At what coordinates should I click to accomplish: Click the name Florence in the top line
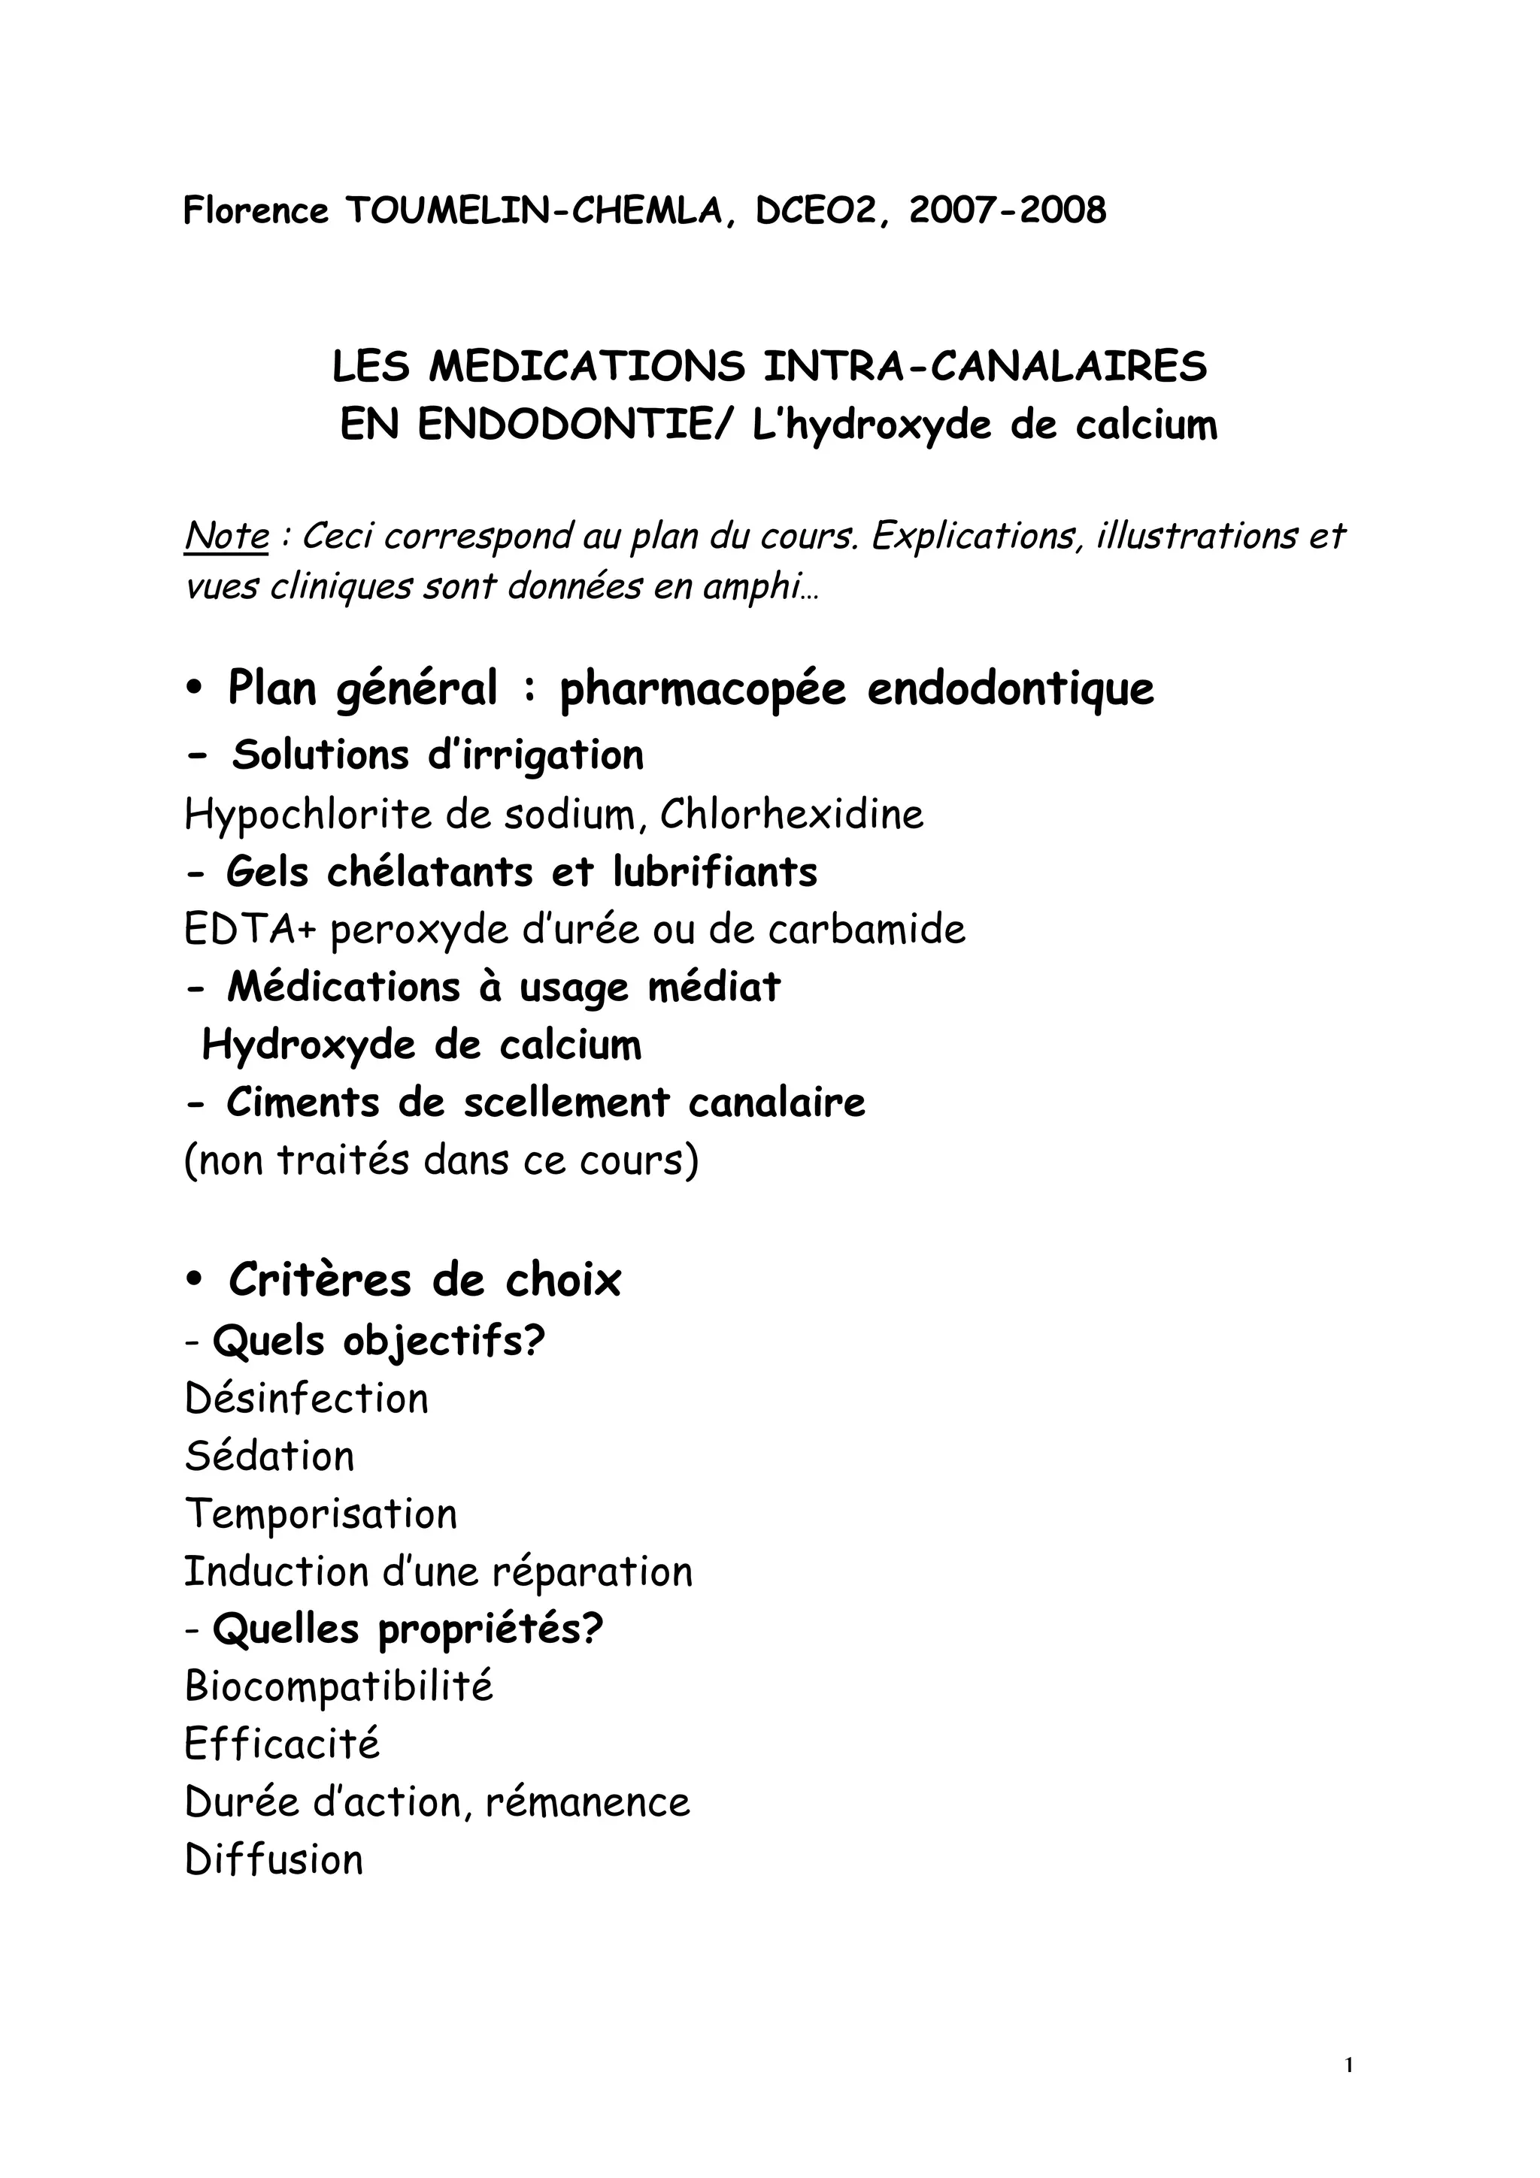tap(255, 210)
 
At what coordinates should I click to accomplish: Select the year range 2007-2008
tap(1008, 210)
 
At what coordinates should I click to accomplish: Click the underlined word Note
tap(227, 537)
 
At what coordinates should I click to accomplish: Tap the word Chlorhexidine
tap(791, 814)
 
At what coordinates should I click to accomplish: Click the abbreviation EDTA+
tap(249, 930)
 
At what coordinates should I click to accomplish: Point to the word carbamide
tap(866, 930)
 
